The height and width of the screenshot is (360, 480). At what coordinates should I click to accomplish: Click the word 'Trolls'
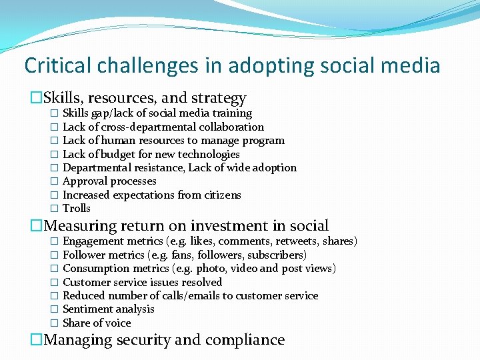coord(76,209)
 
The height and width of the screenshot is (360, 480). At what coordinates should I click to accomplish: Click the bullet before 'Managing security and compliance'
coord(36,340)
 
